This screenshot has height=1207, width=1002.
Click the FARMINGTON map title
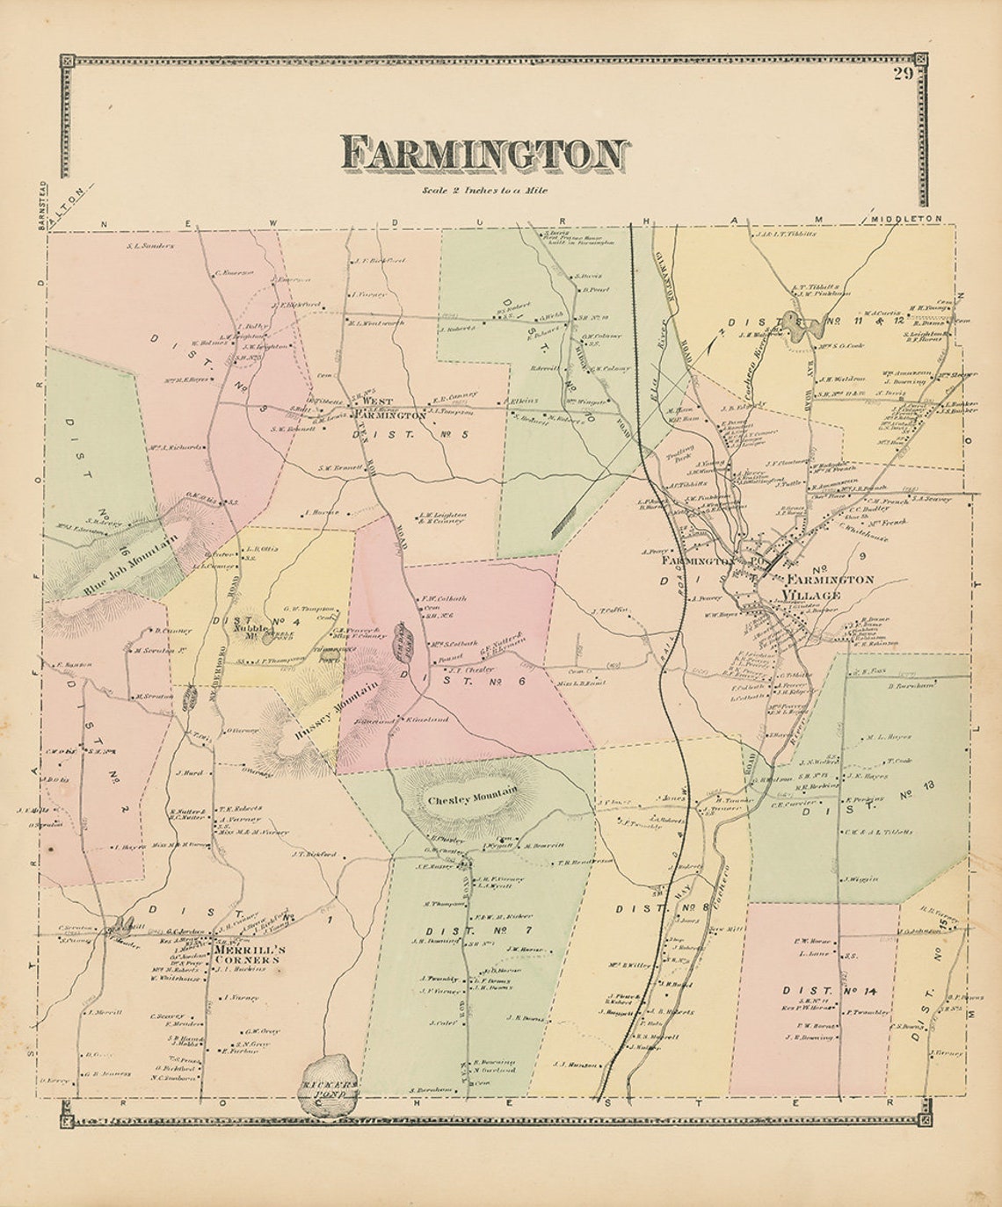(484, 154)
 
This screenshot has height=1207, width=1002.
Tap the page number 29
(904, 74)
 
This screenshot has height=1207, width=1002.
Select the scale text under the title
(484, 190)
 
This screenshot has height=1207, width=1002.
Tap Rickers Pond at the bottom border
(329, 1089)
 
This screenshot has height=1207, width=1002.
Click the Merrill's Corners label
(248, 955)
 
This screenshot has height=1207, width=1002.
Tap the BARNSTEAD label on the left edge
(40, 205)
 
